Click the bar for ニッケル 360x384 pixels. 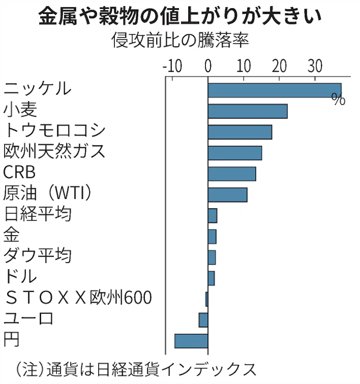(274, 90)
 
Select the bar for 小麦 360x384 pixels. (247, 111)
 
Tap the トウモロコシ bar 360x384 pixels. (239, 132)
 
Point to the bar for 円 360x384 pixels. (191, 341)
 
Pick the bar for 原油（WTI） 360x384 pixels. (227, 195)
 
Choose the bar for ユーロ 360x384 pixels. (203, 320)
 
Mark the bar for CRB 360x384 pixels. (232, 174)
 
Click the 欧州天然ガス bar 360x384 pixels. (234, 153)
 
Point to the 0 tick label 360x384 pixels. (208, 66)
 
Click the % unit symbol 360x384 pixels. (338, 100)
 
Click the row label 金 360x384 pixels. (11, 235)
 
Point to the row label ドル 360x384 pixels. (20, 277)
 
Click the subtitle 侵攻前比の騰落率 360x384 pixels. (180, 40)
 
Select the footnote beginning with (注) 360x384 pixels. (136, 369)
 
